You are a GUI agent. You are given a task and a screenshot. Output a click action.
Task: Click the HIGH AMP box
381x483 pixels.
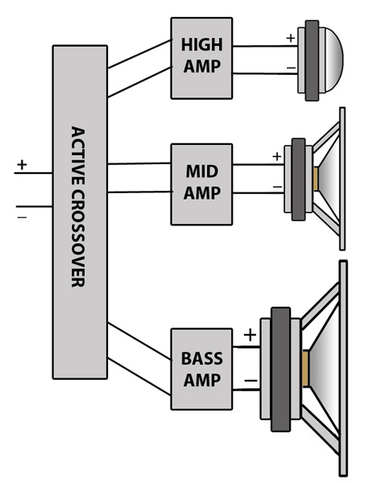[201, 58]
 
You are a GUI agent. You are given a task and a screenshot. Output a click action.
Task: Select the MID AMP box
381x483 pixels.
[201, 184]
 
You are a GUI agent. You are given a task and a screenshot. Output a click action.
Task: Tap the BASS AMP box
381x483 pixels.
[201, 369]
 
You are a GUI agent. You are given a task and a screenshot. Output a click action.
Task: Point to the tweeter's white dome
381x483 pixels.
[333, 60]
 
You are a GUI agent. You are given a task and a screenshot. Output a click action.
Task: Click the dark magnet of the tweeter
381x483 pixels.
[312, 60]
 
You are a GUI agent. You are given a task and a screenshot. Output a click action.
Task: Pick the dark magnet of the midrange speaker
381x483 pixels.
[298, 180]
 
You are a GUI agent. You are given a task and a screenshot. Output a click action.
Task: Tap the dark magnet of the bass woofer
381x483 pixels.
[280, 369]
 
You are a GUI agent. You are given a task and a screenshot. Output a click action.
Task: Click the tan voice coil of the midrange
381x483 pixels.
[315, 179]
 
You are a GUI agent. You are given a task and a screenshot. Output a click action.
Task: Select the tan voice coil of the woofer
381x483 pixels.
[305, 369]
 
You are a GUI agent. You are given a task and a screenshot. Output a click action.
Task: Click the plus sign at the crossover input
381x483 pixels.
[22, 165]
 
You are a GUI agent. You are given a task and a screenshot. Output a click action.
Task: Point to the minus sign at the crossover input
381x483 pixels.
[23, 217]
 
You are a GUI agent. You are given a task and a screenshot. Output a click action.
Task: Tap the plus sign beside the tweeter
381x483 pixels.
[290, 38]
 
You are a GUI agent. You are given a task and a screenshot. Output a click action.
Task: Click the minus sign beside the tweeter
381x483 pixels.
[291, 68]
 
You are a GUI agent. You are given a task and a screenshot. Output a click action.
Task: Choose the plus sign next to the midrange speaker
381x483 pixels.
[277, 156]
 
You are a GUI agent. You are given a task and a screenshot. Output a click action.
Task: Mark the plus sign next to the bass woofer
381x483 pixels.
[250, 335]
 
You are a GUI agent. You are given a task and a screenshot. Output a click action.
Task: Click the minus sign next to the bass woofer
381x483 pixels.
[251, 381]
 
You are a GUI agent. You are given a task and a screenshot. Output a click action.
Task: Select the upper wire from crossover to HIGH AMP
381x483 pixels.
[139, 54]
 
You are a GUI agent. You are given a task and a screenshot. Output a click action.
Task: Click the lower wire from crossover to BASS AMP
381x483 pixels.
[139, 377]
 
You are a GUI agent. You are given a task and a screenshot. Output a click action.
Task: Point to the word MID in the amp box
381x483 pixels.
[202, 171]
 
